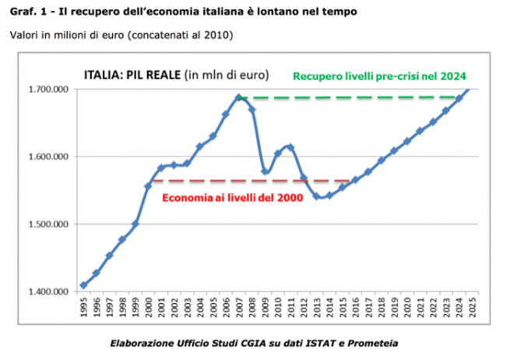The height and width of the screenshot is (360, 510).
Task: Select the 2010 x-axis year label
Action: click(278, 307)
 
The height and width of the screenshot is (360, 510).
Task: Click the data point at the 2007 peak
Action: click(239, 97)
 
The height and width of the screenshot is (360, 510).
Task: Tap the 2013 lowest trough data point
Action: click(316, 196)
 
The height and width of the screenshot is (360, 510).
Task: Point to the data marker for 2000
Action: click(149, 185)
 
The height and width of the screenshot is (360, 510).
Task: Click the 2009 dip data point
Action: click(265, 171)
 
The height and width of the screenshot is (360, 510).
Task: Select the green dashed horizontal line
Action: click(350, 97)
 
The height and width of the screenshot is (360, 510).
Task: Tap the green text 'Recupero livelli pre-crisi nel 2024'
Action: click(378, 76)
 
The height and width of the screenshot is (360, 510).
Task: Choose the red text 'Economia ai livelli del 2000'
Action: click(231, 197)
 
